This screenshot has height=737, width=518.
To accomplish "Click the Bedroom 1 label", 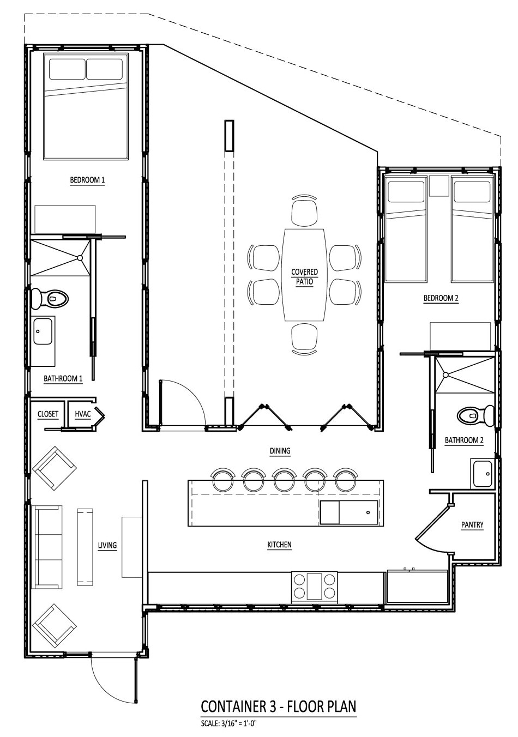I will point(87,180).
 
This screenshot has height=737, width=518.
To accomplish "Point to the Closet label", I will point(48,414).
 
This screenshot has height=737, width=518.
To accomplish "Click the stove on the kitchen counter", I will point(315,587).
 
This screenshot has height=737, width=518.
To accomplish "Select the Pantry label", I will point(472,525).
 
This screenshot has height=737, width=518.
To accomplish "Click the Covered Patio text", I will point(304,276).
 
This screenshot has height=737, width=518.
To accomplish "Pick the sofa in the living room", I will point(48,547).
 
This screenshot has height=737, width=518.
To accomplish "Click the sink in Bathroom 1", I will point(43,331).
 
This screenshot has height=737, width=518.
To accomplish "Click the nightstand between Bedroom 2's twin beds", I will point(438,186).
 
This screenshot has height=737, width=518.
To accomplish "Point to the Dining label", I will point(280,451).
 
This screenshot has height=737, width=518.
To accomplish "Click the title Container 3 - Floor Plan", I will point(279,706).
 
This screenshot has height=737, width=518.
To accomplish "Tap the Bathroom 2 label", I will point(464,440).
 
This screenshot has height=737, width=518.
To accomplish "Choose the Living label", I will point(107,545).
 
